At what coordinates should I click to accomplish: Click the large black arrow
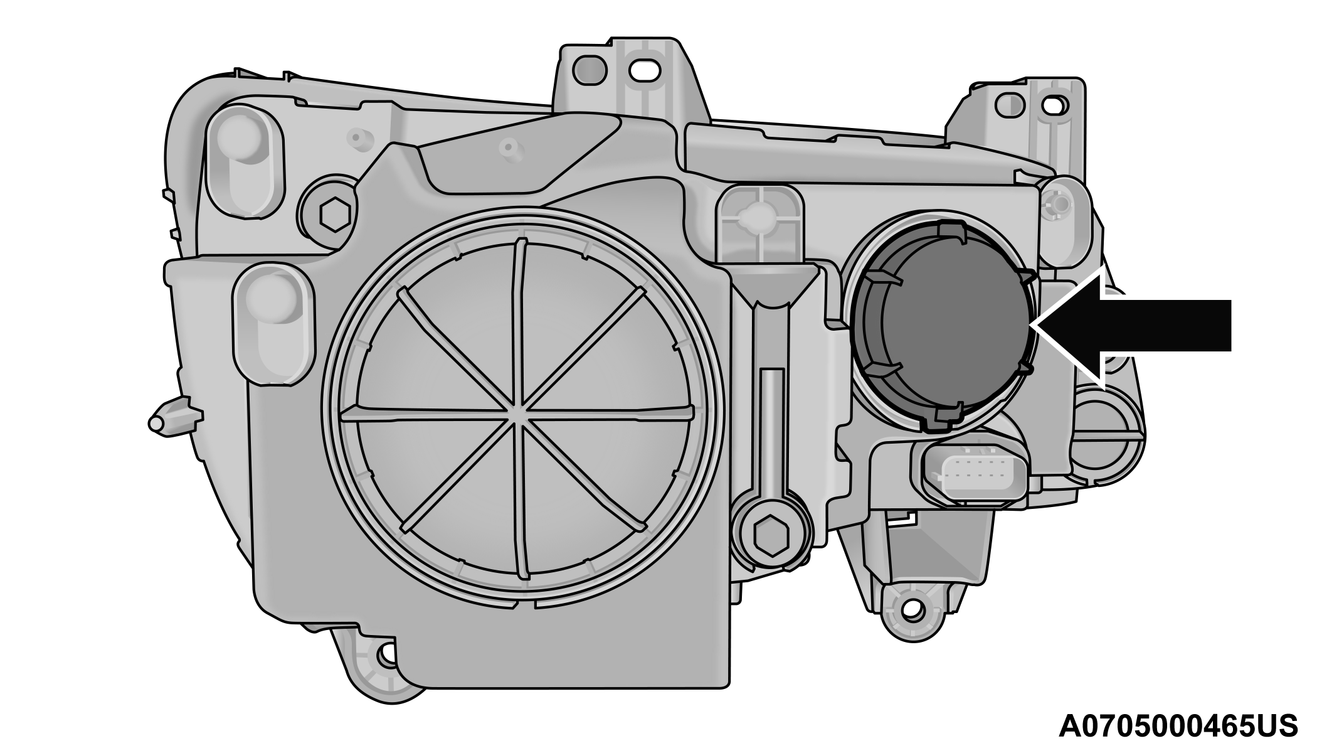(x=1129, y=325)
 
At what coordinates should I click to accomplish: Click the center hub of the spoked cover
(x=521, y=411)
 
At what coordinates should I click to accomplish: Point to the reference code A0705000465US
(x=1178, y=726)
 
